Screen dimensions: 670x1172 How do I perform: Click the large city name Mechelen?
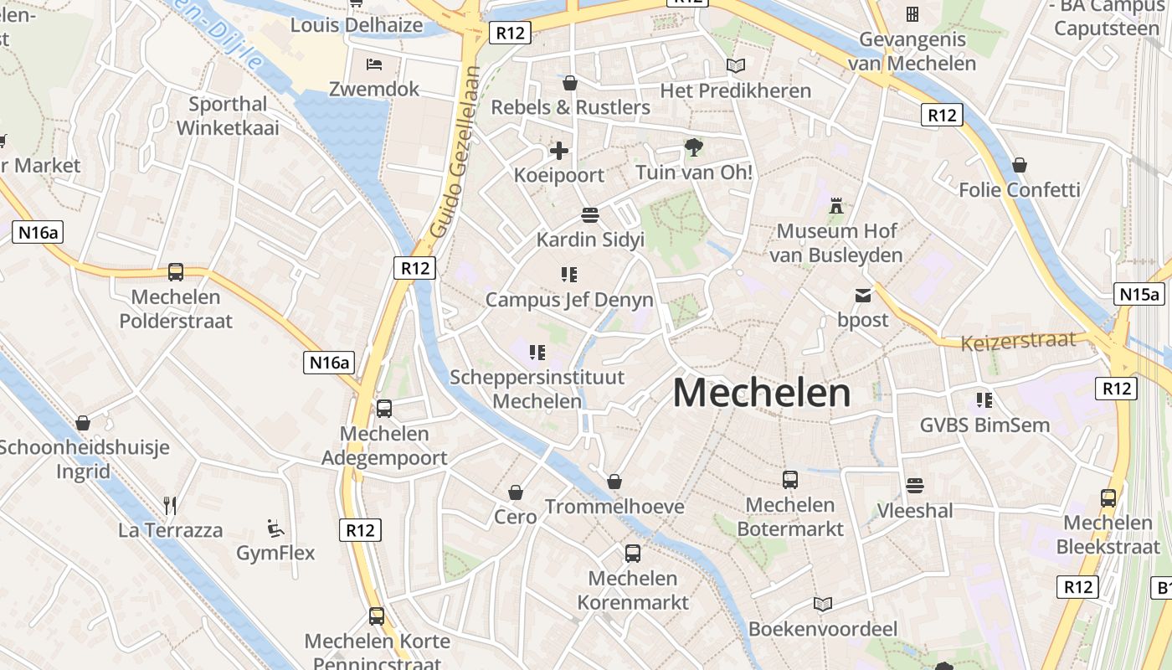(x=761, y=393)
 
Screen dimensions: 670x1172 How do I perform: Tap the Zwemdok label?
(x=374, y=89)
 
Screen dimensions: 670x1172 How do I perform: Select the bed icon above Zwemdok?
(x=374, y=64)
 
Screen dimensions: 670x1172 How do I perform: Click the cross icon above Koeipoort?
(x=559, y=152)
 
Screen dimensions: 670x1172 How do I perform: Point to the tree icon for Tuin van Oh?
(x=693, y=148)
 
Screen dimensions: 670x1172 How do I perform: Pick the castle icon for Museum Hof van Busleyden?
(x=835, y=205)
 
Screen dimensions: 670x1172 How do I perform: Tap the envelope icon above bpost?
(x=862, y=295)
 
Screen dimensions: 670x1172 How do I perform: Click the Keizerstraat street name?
(x=1018, y=341)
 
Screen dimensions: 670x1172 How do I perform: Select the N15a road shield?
(x=1140, y=294)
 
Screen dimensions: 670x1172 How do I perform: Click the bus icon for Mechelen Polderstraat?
(x=176, y=272)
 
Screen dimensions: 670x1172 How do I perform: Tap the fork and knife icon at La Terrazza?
(x=170, y=505)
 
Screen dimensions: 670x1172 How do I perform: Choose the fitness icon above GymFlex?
(x=275, y=528)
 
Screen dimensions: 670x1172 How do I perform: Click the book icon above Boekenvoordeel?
(x=823, y=604)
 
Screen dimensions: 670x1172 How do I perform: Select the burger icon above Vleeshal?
(x=914, y=486)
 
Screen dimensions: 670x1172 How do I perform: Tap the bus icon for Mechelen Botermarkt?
(x=790, y=480)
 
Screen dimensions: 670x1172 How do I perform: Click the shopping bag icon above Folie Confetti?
(x=1019, y=165)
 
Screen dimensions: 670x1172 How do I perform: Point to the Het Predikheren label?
(x=735, y=90)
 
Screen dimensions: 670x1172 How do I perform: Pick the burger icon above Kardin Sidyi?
(x=590, y=215)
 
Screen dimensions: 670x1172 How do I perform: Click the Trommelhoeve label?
(x=614, y=507)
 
